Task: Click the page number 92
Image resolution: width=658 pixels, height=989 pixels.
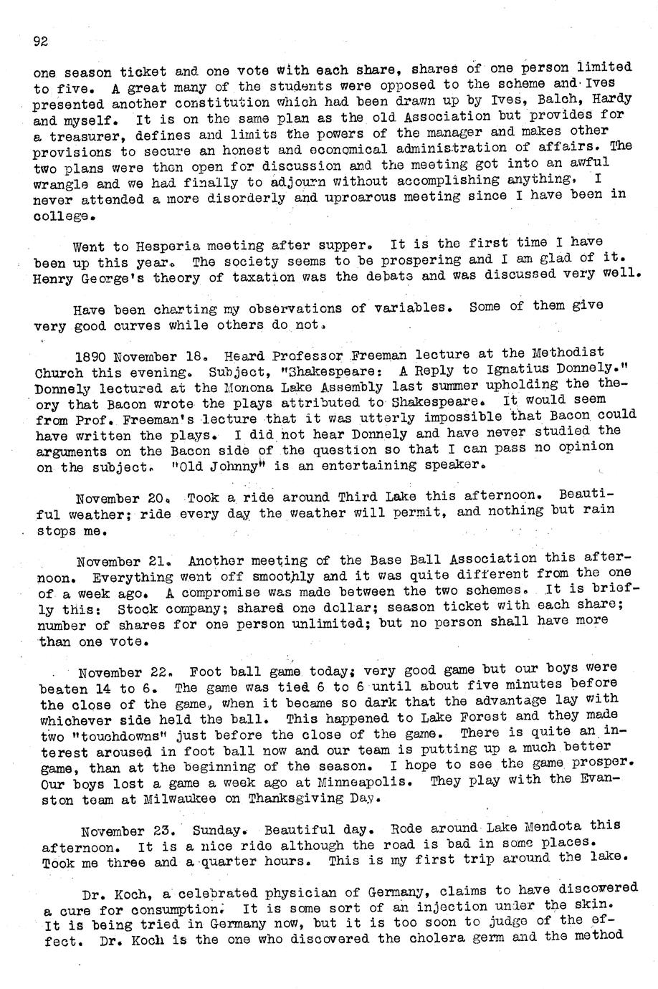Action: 40,42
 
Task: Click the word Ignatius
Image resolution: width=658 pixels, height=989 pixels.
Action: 518,369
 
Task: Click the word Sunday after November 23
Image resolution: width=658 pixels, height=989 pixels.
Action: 223,832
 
